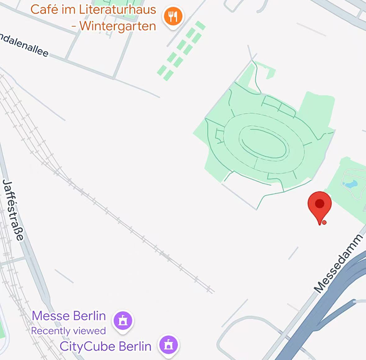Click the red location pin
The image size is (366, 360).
[319, 205]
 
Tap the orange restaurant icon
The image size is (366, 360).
[173, 17]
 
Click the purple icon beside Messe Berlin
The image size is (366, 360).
[123, 320]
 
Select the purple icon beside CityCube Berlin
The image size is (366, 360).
[168, 345]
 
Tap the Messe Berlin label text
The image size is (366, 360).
[69, 316]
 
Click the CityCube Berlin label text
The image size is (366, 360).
[105, 347]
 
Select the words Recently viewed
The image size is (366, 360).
[68, 331]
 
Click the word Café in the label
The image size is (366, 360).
[44, 10]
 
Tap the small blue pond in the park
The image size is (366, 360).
[350, 185]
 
